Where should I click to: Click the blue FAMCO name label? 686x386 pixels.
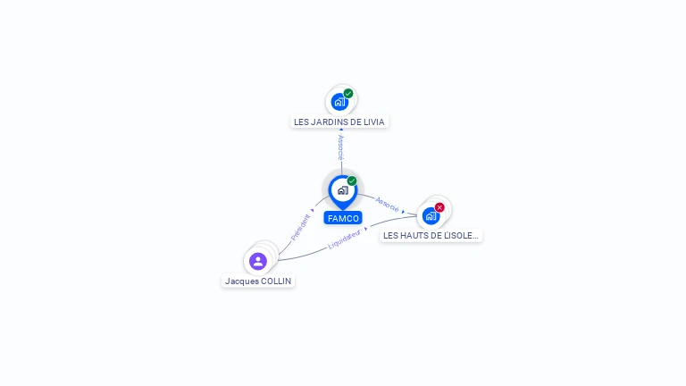pyautogui.click(x=343, y=218)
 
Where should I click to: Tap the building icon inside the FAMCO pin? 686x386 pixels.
pyautogui.click(x=342, y=190)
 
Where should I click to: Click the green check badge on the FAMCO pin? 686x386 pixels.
pyautogui.click(x=352, y=181)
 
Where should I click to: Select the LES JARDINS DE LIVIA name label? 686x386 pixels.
pyautogui.click(x=339, y=122)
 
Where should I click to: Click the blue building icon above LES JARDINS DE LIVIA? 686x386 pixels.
pyautogui.click(x=339, y=102)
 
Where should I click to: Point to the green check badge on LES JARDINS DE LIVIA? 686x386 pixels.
pyautogui.click(x=348, y=93)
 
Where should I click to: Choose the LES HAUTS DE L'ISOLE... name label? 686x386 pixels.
pyautogui.click(x=431, y=236)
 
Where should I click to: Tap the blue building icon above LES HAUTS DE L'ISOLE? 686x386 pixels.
pyautogui.click(x=431, y=216)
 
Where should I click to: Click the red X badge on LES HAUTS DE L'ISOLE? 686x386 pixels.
pyautogui.click(x=439, y=207)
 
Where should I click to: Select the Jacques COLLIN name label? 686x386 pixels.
pyautogui.click(x=258, y=281)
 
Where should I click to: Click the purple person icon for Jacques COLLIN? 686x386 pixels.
pyautogui.click(x=258, y=261)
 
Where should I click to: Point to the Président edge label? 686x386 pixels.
pyautogui.click(x=300, y=227)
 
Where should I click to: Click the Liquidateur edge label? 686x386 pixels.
pyautogui.click(x=345, y=239)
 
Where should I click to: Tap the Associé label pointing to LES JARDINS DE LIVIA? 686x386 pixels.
pyautogui.click(x=340, y=147)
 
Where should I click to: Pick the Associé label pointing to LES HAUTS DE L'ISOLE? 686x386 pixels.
pyautogui.click(x=388, y=204)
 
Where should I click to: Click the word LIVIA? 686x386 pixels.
pyautogui.click(x=375, y=122)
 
